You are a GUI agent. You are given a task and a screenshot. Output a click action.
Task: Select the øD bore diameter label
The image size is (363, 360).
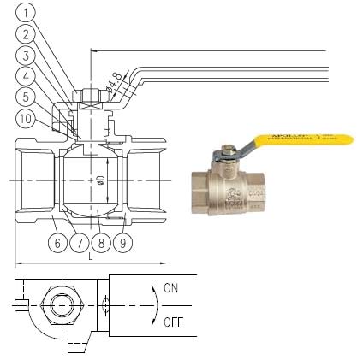click(100, 180)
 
